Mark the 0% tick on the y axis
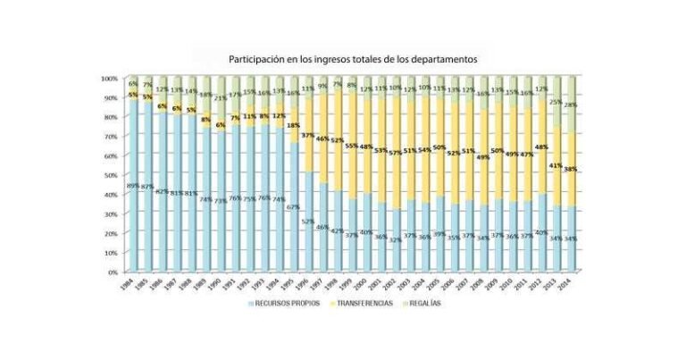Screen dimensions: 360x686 click(113, 272)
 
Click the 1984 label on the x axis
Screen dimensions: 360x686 click(131, 283)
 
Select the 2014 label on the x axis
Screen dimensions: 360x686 click(567, 283)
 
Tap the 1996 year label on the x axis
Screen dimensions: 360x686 click(305, 283)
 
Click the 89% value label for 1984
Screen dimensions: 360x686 click(132, 186)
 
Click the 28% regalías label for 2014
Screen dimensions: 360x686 click(569, 105)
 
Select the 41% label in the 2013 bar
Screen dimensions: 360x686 click(555, 166)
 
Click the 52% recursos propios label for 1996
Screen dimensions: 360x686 click(307, 221)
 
